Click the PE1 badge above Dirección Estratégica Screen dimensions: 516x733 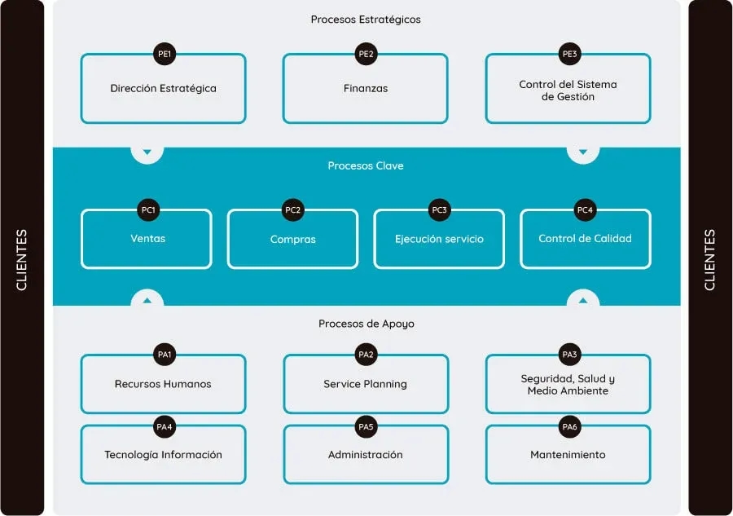tap(164, 55)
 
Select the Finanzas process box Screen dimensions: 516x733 tap(365, 89)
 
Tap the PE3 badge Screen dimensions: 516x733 tap(568, 55)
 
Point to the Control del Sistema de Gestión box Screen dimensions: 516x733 tap(568, 90)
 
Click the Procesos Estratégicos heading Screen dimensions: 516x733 tap(366, 20)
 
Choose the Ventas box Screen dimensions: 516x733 tap(147, 240)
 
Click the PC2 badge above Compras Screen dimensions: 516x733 tap(292, 210)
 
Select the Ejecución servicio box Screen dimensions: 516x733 tap(439, 240)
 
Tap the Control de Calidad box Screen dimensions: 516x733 tap(585, 239)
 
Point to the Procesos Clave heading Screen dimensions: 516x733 tap(366, 166)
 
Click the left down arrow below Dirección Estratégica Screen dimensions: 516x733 tap(147, 152)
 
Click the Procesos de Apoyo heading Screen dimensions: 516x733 tap(366, 324)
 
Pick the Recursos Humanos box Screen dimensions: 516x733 tap(163, 385)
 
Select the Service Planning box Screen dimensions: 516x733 tap(365, 385)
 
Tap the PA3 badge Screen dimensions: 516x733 tap(568, 355)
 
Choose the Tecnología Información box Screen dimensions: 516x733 tap(163, 455)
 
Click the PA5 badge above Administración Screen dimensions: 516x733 tap(366, 426)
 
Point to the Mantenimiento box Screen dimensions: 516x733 tap(568, 455)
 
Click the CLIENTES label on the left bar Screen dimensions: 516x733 tap(22, 259)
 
